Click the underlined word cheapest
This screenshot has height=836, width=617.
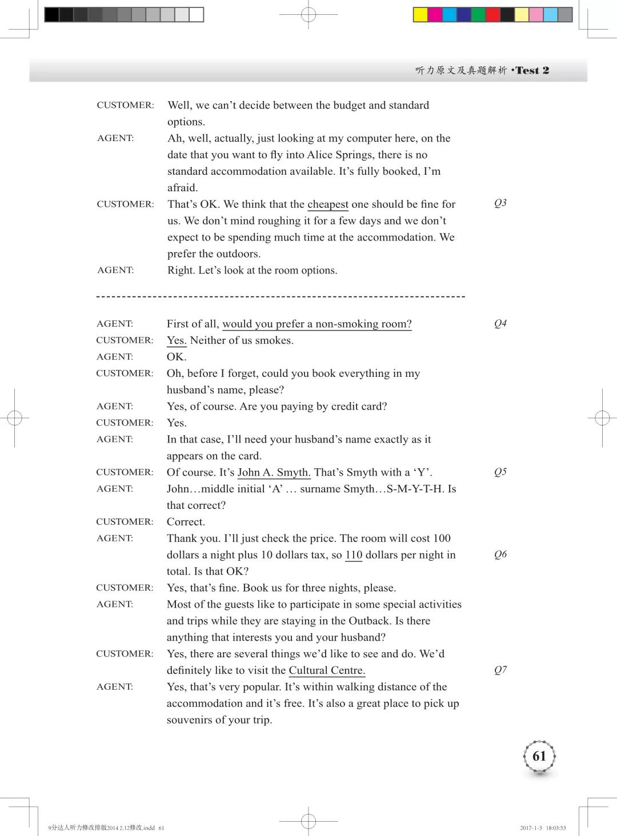[327, 204]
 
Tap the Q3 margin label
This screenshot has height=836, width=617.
[500, 203]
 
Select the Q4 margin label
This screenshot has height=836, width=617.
[500, 323]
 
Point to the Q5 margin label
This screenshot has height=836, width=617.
[500, 472]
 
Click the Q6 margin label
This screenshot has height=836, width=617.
[500, 554]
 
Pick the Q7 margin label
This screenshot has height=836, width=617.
[500, 670]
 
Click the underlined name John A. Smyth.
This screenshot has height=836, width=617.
[274, 472]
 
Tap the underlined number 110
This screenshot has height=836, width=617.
[354, 554]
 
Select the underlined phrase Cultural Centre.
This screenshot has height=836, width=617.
[327, 670]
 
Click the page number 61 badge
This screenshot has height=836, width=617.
[539, 756]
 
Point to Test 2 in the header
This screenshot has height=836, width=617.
[532, 70]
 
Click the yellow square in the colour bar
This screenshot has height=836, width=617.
[420, 15]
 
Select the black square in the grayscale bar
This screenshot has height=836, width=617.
[52, 15]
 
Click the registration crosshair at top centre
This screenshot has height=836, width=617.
[308, 14]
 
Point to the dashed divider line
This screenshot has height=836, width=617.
[281, 296]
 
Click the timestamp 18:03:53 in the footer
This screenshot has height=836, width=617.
[555, 828]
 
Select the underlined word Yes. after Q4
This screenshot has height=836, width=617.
[176, 340]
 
